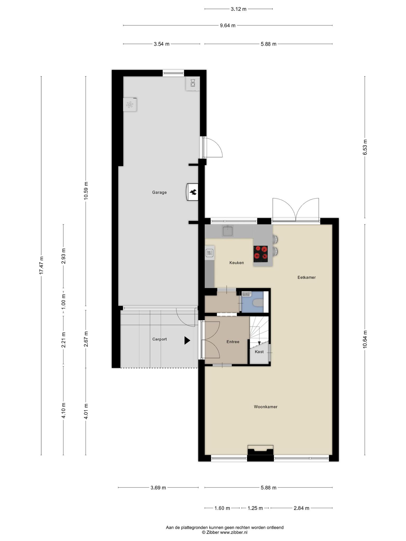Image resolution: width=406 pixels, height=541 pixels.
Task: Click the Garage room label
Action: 159,192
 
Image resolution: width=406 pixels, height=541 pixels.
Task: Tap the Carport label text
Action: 159,339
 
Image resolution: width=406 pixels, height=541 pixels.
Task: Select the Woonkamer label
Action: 266,407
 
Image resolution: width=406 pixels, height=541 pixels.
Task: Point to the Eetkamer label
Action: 307,277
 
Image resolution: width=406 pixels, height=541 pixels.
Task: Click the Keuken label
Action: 237,263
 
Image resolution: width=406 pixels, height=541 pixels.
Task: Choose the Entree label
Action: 233,342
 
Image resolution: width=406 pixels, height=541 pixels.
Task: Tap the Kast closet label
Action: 259,352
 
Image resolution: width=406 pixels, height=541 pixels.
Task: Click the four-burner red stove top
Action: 261,254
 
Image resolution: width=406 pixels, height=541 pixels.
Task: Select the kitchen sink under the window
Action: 227,231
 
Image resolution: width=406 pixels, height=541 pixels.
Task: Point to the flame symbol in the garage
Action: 193,192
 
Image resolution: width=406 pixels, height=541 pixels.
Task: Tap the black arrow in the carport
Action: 187,341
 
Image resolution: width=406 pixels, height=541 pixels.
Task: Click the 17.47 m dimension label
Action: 41,265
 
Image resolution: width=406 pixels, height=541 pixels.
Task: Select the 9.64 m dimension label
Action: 228,26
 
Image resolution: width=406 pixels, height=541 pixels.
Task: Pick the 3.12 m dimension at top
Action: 238,9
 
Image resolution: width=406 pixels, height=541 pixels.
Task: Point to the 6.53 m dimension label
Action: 365,147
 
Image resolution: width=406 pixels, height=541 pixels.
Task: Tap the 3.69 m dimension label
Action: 158,488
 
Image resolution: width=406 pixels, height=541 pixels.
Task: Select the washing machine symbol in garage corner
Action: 193,83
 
